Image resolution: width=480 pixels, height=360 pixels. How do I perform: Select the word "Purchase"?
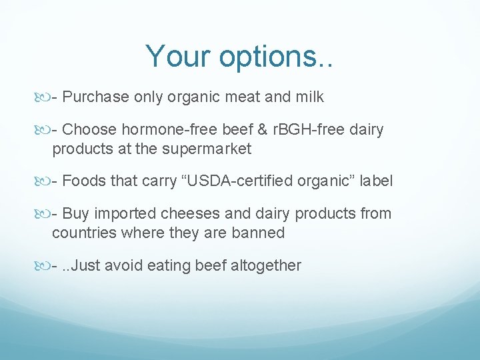point(96,97)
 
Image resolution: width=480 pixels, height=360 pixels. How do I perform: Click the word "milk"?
point(308,97)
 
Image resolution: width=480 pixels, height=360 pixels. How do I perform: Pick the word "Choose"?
point(89,130)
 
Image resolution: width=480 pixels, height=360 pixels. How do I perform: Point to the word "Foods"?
point(83,181)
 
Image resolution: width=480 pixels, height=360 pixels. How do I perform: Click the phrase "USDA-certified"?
point(244,181)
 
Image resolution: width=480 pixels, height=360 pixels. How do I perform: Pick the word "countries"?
point(83,233)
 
